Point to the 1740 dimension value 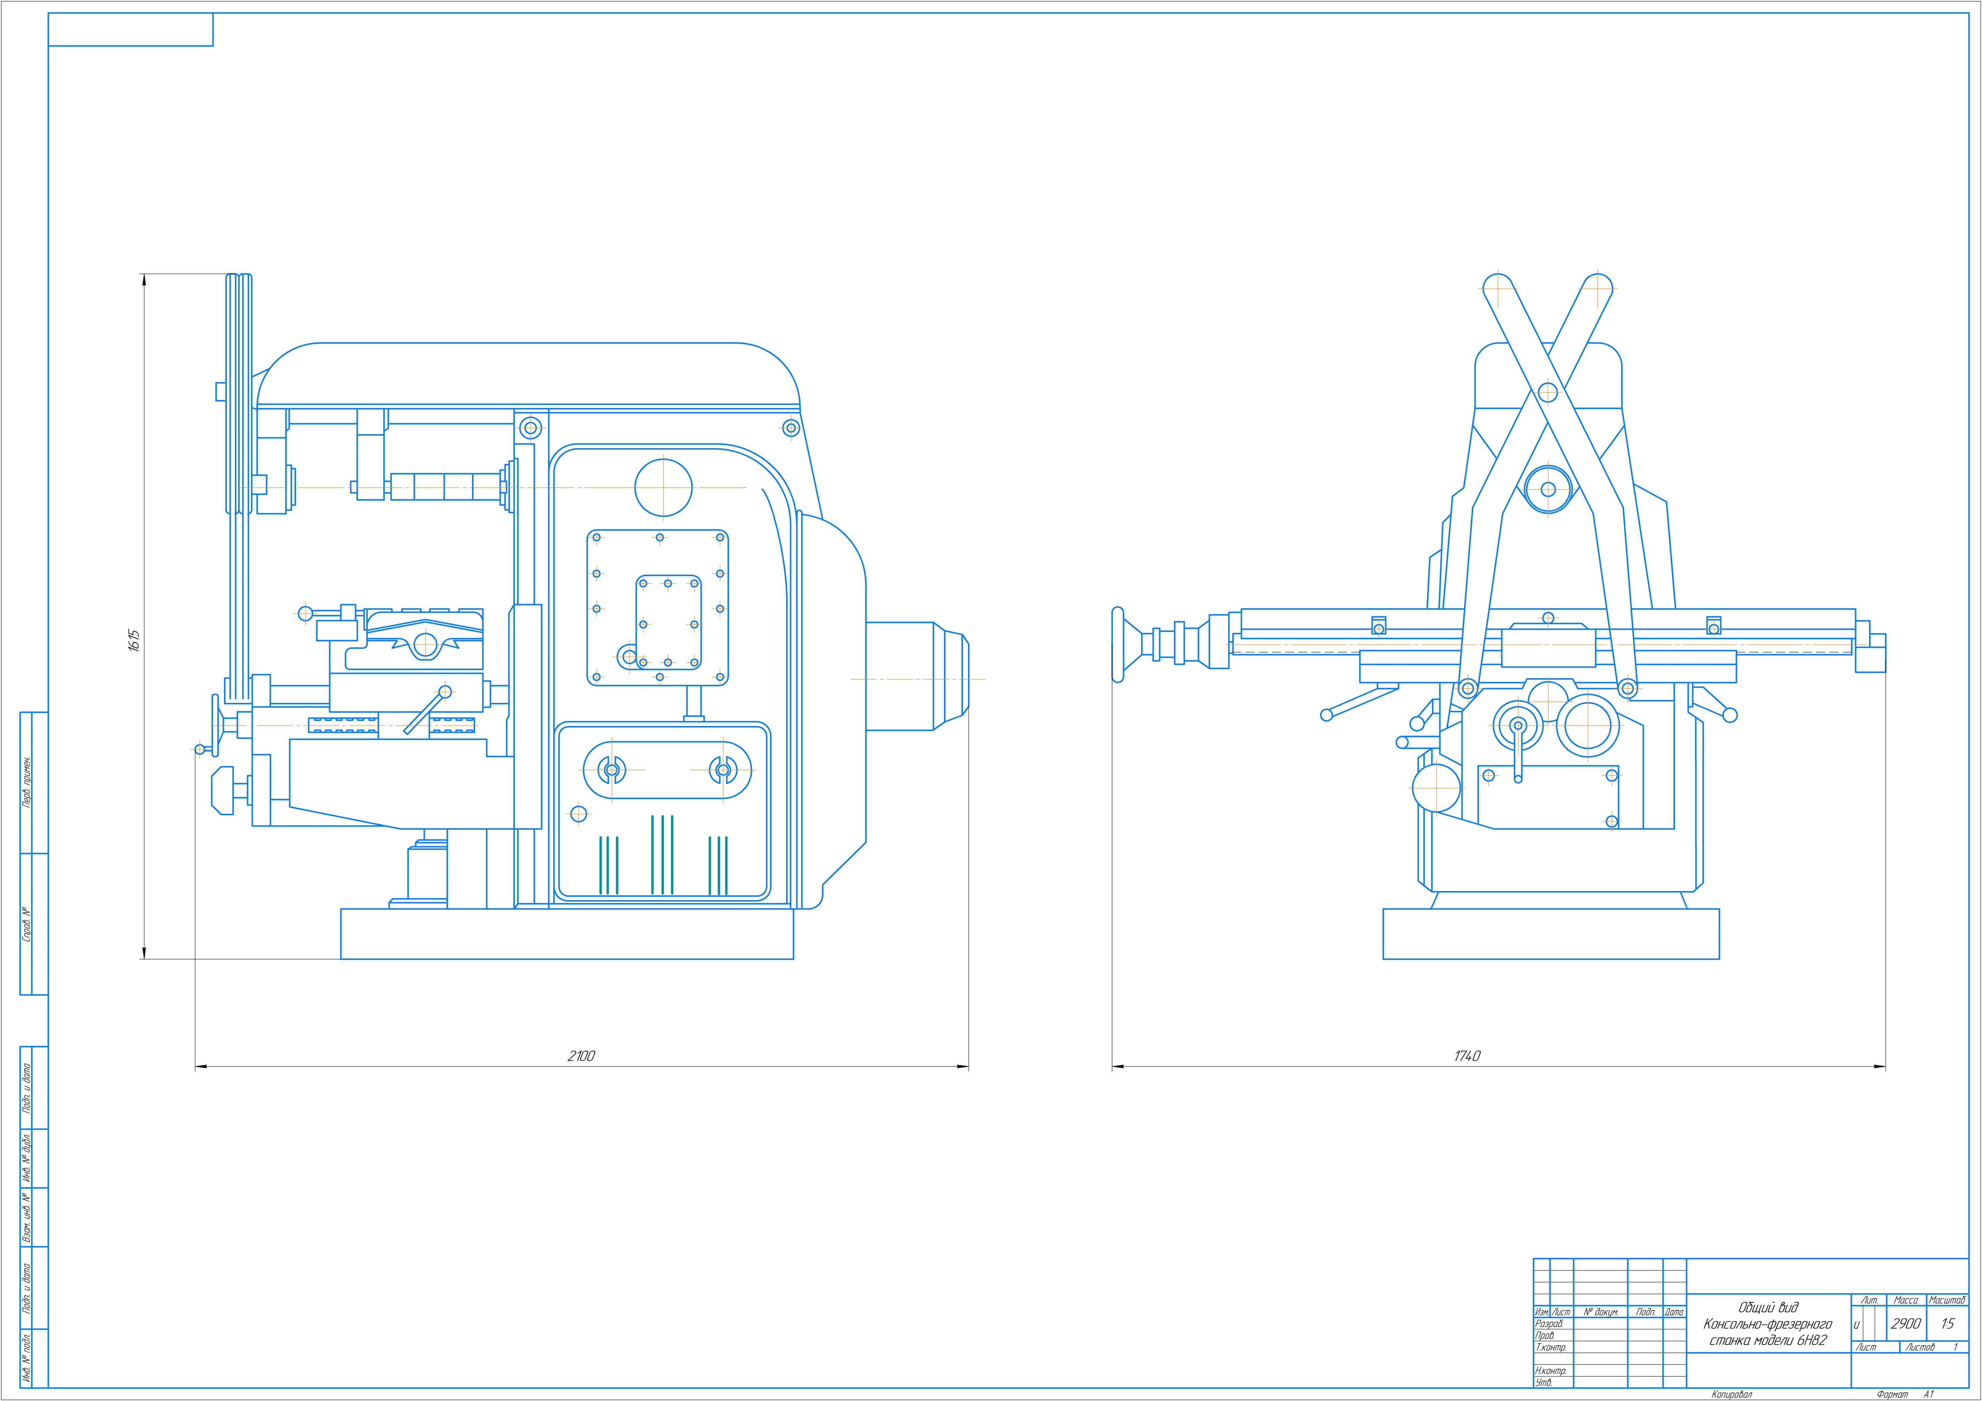[x=1467, y=1056]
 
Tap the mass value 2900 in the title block [x=1906, y=1323]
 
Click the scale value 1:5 [x=1947, y=1323]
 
